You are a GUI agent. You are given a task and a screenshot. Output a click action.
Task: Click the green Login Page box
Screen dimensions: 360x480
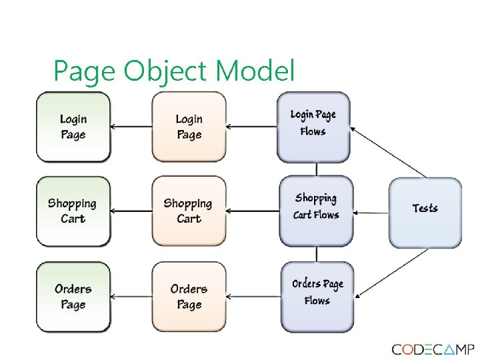pos(73,127)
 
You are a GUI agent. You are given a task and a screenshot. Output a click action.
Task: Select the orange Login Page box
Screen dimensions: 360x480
pos(189,127)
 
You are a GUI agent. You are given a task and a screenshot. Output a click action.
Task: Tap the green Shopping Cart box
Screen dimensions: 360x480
pos(73,211)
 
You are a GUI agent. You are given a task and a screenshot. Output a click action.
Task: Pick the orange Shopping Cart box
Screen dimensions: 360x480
pos(189,211)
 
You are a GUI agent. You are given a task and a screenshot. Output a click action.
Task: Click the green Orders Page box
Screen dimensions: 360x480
pos(73,297)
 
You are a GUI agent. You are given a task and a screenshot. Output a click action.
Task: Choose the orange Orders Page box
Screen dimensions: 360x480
pos(189,297)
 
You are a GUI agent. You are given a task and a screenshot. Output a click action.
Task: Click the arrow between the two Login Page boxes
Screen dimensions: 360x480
pos(131,126)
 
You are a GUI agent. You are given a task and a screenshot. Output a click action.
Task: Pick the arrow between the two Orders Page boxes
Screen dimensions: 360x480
pos(131,297)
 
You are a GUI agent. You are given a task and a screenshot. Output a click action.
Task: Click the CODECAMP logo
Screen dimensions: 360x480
pos(433,349)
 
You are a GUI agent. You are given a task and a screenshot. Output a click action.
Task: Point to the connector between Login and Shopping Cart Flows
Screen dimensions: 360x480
pos(316,169)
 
